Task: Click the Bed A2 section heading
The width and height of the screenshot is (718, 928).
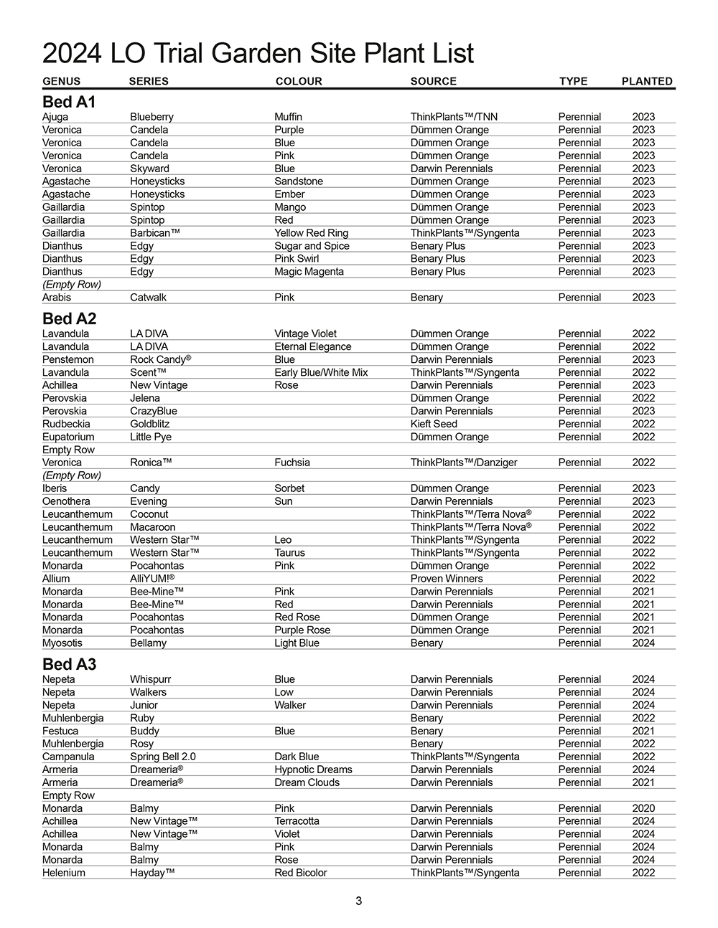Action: tap(69, 318)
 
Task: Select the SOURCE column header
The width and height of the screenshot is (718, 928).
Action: tap(433, 81)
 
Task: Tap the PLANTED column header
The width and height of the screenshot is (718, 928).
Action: tap(646, 81)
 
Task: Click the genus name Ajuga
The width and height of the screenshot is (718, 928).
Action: tap(55, 117)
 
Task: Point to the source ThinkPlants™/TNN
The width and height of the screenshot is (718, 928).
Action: tap(454, 117)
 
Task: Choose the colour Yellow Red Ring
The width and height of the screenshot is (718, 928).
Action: tap(311, 233)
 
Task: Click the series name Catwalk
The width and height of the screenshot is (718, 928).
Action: tap(148, 298)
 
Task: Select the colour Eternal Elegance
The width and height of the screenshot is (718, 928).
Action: tap(312, 346)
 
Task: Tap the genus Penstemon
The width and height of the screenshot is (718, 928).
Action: tap(67, 359)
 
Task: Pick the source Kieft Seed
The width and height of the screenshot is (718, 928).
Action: tap(434, 424)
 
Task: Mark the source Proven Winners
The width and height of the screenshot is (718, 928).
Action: tap(447, 579)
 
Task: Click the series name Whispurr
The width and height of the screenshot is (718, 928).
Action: tap(150, 679)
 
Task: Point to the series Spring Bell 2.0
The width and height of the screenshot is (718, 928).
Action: tap(162, 757)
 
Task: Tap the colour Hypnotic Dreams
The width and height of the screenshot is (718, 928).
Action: tap(313, 770)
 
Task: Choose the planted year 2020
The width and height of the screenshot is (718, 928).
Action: tap(643, 808)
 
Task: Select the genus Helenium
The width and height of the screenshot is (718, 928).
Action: tap(63, 873)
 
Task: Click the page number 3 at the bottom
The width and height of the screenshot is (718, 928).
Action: tap(358, 901)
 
